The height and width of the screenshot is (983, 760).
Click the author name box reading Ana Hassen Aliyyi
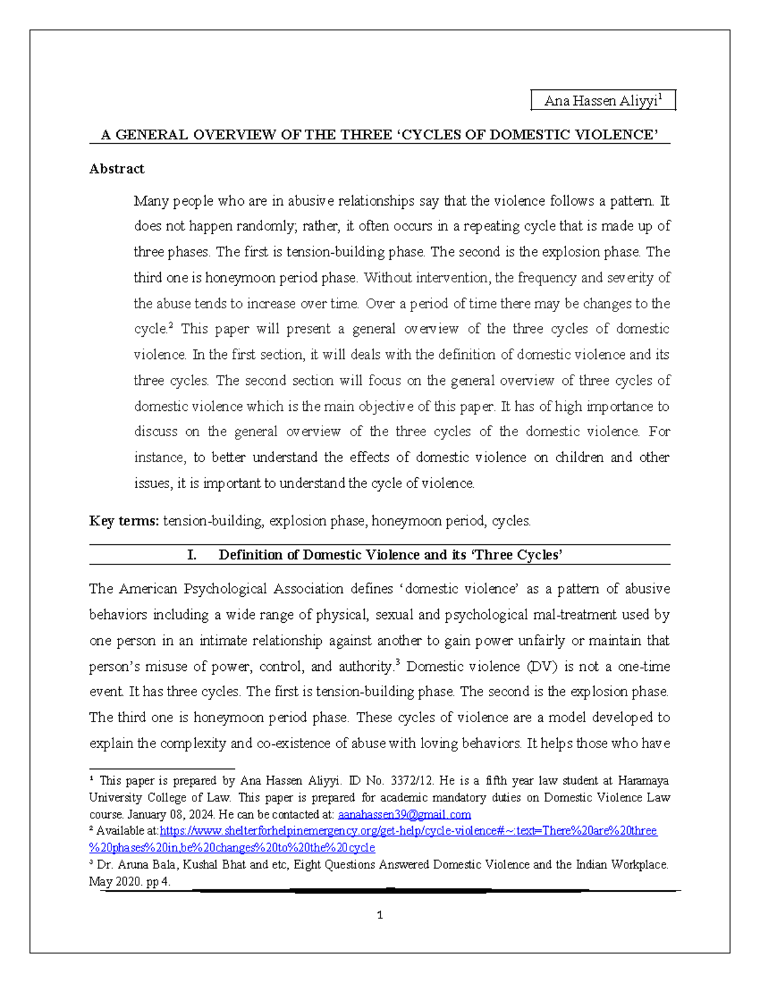tap(603, 101)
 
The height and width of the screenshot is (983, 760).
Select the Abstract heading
tap(117, 169)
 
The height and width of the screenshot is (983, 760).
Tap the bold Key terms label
tap(124, 521)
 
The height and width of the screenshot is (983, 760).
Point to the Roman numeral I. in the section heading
tap(192, 555)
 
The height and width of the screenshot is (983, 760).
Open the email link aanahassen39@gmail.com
tap(404, 815)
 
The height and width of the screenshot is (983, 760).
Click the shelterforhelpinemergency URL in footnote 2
tap(408, 831)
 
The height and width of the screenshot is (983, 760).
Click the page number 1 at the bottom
tap(379, 915)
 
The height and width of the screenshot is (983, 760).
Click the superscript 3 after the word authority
tap(397, 663)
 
